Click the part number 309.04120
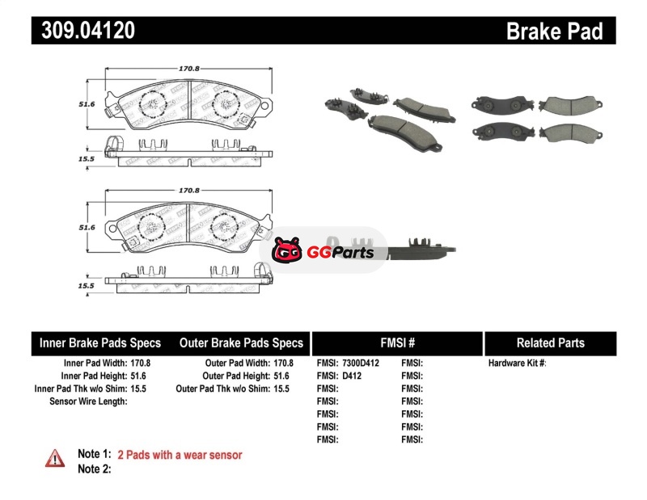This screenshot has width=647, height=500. click(x=83, y=32)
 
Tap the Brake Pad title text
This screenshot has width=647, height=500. click(x=554, y=32)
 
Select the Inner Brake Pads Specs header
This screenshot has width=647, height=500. click(x=100, y=342)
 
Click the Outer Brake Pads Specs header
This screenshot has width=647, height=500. click(x=241, y=342)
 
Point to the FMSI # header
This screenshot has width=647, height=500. click(x=397, y=342)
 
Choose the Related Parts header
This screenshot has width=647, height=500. click(x=550, y=342)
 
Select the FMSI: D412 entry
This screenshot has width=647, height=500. click(x=340, y=376)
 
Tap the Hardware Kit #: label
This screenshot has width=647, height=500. click(x=517, y=363)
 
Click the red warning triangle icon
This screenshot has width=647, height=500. click(x=55, y=458)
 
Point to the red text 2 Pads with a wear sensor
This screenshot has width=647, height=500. click(x=180, y=455)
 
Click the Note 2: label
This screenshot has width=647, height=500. click(x=94, y=468)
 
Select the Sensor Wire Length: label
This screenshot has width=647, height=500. click(x=89, y=401)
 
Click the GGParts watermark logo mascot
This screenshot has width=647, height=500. click(x=286, y=252)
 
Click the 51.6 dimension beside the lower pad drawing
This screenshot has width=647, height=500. click(x=87, y=228)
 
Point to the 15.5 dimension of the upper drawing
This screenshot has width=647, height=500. click(x=87, y=159)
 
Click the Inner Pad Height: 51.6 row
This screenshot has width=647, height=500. click(x=106, y=376)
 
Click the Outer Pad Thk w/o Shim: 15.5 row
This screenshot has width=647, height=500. click(x=233, y=389)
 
